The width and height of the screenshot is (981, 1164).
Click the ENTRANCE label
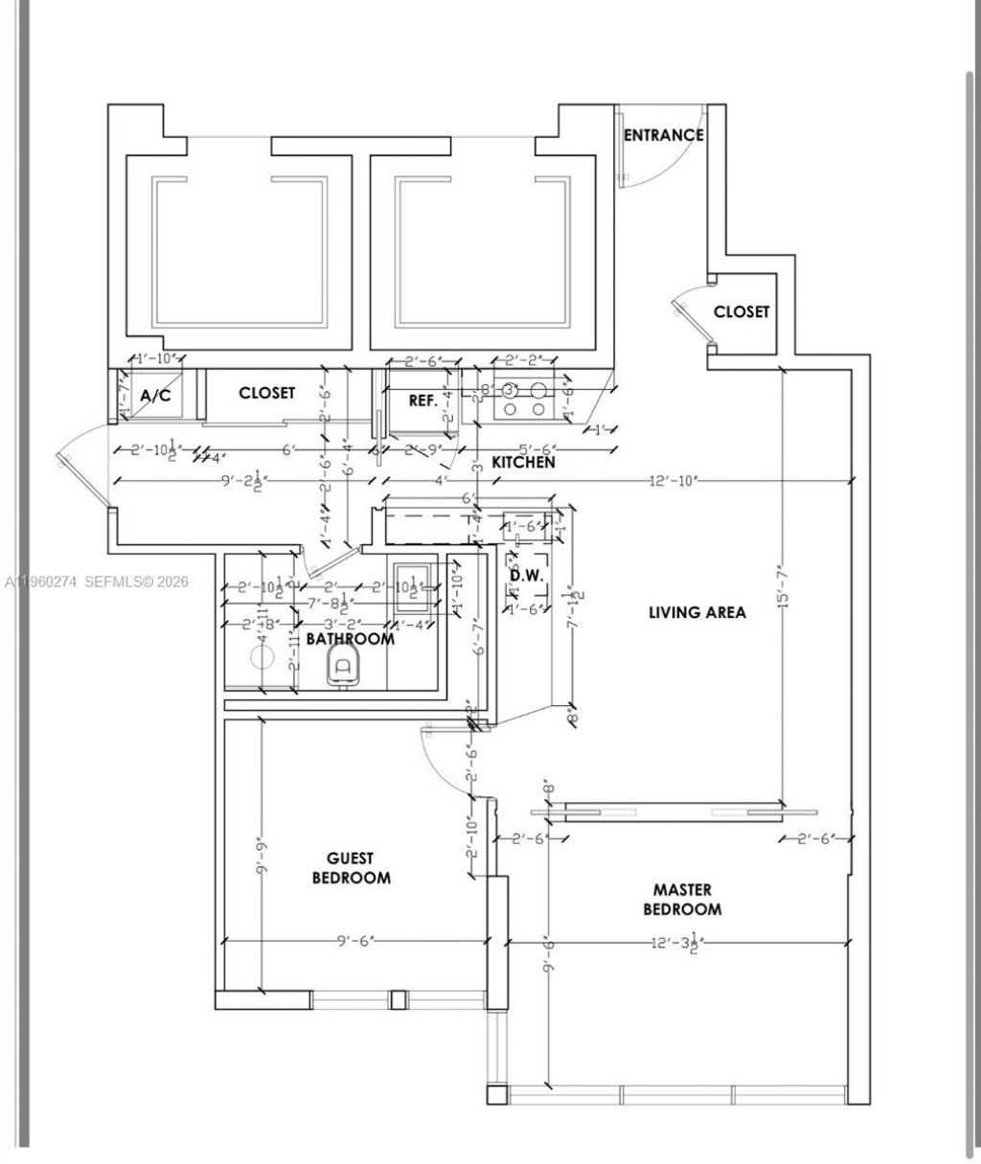[663, 135]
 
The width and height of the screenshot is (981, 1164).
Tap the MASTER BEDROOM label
[682, 900]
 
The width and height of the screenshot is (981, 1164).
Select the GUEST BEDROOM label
[351, 868]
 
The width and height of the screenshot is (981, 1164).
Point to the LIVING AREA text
[696, 612]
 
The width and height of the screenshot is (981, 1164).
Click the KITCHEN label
[523, 463]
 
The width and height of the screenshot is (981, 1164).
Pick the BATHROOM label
[350, 639]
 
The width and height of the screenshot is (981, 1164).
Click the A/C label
[155, 396]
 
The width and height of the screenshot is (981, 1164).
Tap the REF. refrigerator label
[422, 400]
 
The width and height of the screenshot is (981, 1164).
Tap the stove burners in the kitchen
[525, 399]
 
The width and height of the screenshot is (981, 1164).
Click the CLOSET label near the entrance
[741, 312]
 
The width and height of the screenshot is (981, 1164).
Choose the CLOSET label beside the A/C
[266, 393]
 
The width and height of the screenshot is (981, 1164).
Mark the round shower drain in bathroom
[262, 657]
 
